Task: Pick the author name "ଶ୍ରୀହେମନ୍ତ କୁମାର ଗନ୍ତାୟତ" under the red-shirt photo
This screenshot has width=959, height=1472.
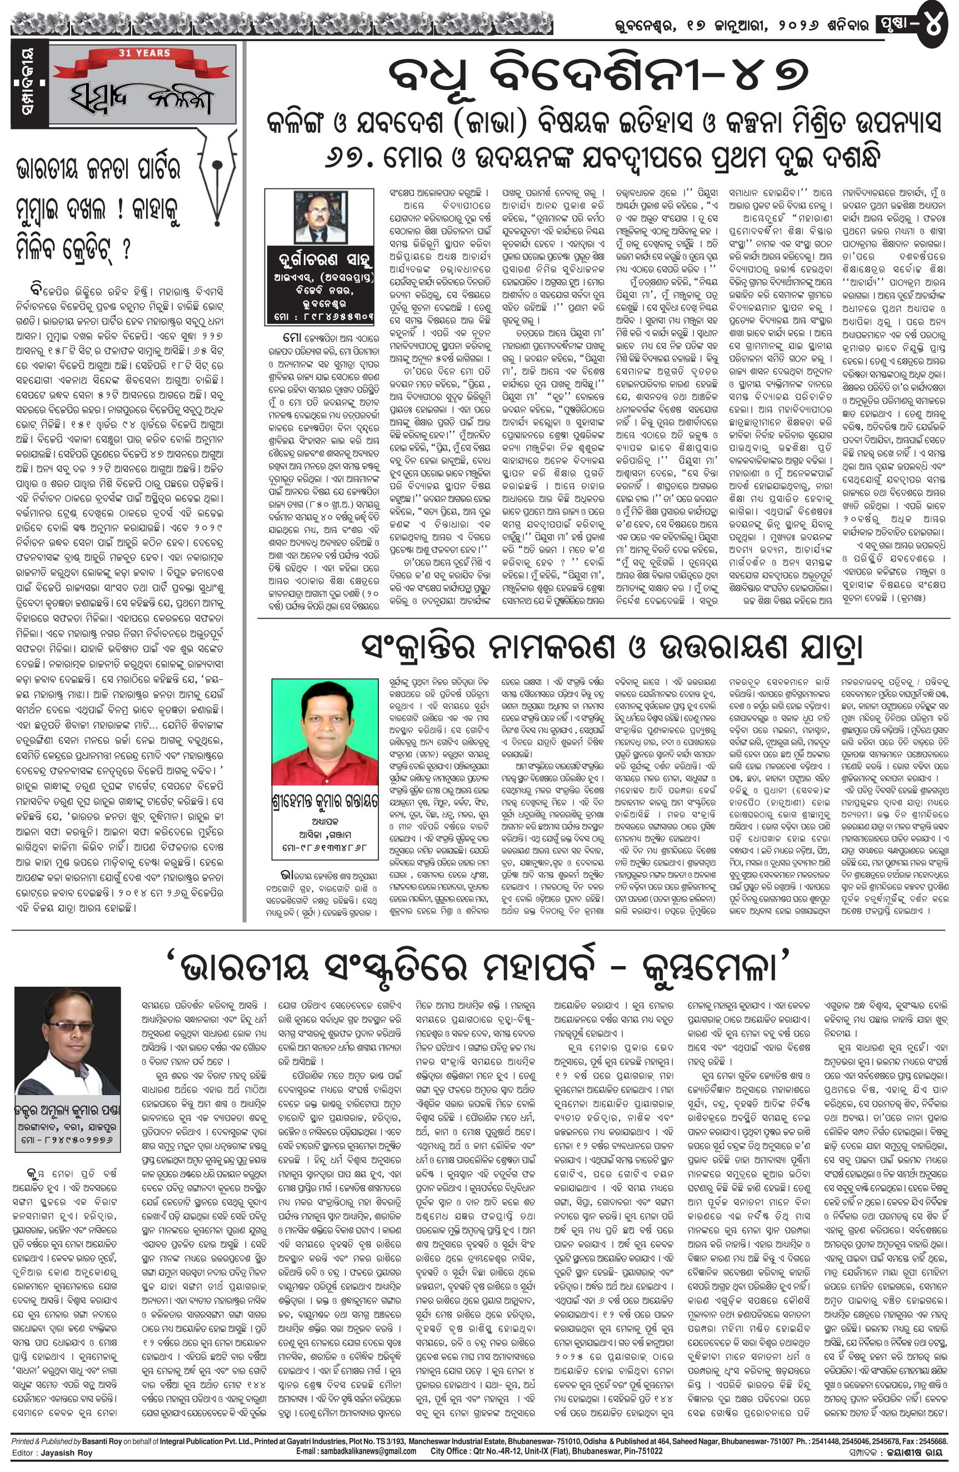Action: click(x=324, y=807)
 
